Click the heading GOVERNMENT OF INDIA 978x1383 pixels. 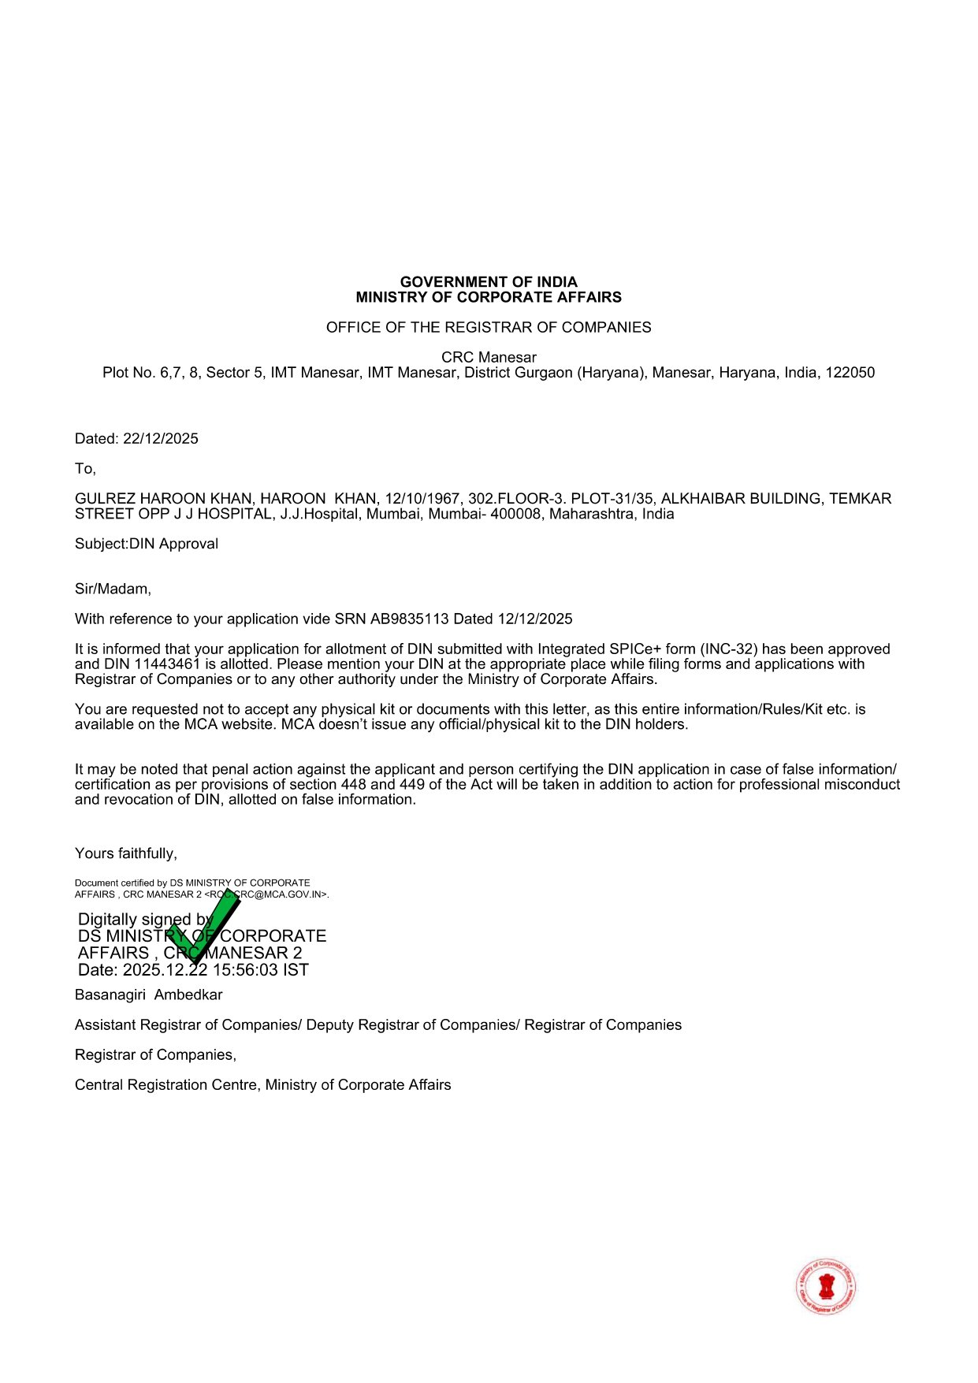489,282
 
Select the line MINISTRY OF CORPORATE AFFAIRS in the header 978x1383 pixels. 489,297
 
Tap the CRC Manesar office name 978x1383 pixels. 489,357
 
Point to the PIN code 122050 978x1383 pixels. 850,373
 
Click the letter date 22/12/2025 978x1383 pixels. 161,439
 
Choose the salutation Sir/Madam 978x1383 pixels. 113,589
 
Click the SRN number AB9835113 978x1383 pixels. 409,619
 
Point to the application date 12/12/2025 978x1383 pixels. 535,619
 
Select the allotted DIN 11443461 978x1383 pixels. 168,664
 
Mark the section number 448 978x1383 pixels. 353,785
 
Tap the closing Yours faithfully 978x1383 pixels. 126,853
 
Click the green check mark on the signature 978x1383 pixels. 203,926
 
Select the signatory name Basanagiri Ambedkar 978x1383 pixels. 149,995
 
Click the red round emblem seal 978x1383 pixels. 826,1287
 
